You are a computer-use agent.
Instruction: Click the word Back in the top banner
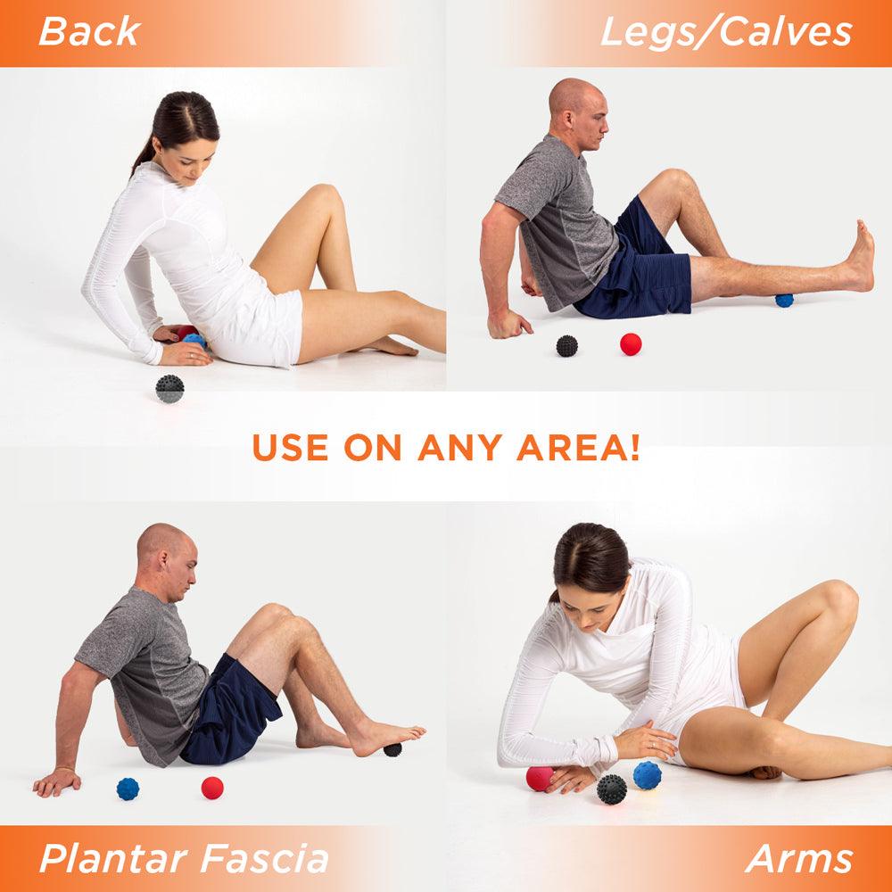(89, 32)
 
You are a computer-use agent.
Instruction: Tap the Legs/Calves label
(725, 32)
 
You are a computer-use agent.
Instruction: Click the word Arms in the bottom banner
(799, 859)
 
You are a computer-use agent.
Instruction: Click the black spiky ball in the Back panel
(169, 389)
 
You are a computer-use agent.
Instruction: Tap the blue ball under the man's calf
(784, 300)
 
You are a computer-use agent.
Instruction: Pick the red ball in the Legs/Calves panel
(631, 344)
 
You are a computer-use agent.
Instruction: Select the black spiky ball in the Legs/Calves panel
(567, 345)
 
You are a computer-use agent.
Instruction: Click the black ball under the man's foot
(392, 748)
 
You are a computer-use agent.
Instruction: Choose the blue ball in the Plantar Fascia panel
(128, 789)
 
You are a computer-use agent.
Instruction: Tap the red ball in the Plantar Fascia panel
(211, 788)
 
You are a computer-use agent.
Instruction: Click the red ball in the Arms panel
(539, 778)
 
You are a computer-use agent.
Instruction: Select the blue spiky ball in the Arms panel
(648, 774)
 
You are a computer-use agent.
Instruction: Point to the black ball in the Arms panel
(611, 789)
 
